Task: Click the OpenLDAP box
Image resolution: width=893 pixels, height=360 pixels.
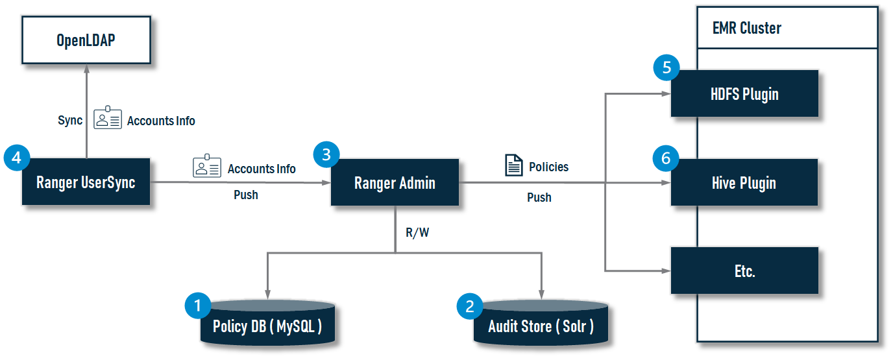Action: click(86, 40)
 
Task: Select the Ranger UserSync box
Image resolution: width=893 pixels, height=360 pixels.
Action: click(86, 182)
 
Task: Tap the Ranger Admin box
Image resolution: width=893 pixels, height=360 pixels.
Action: click(395, 183)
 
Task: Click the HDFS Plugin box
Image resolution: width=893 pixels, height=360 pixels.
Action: click(744, 94)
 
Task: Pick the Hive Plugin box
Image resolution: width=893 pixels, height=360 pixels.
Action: click(744, 183)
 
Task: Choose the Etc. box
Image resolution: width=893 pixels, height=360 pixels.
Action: click(744, 270)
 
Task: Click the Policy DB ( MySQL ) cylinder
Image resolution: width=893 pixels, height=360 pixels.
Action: click(267, 324)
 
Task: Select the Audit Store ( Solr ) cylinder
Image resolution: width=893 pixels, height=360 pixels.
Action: click(541, 324)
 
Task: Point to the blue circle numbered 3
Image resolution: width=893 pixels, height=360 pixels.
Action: click(326, 155)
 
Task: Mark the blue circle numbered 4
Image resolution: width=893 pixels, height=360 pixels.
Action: click(17, 157)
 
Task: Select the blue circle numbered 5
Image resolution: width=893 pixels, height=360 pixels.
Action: click(666, 67)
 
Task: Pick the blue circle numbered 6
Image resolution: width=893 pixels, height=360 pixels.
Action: click(666, 158)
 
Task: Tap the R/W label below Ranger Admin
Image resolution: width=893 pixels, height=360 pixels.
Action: click(417, 232)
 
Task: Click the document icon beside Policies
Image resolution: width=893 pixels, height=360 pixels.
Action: click(514, 166)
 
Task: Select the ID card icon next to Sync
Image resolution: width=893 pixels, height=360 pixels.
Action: click(108, 118)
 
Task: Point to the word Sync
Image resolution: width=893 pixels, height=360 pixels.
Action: click(70, 121)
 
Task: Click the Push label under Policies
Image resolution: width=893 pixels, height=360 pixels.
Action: click(539, 197)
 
